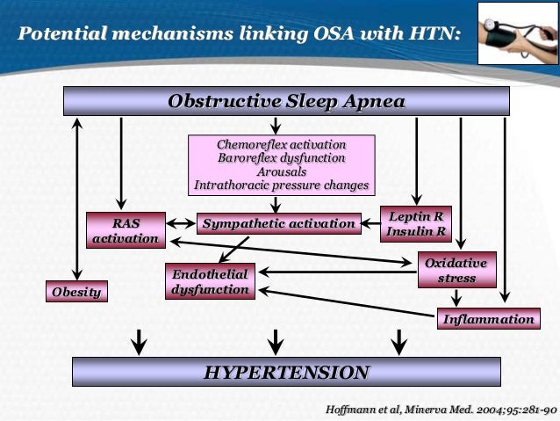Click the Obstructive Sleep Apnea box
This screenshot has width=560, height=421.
(x=286, y=102)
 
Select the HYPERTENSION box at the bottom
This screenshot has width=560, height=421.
(x=286, y=373)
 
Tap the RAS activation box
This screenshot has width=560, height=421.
(x=126, y=230)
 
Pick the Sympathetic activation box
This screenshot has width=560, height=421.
(x=278, y=224)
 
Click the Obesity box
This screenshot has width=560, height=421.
(x=76, y=292)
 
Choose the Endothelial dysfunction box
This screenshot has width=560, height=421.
(x=209, y=281)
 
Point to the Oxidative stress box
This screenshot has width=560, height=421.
(x=456, y=271)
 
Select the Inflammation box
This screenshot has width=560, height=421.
(x=488, y=319)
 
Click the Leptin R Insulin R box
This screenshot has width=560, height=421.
(x=415, y=223)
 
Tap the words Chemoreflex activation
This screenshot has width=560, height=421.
(x=282, y=144)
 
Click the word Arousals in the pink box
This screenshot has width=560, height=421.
(x=282, y=172)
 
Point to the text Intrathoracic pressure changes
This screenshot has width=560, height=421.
(x=282, y=186)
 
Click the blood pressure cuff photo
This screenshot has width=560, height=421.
(x=517, y=33)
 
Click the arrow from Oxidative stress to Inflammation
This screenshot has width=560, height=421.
(x=456, y=298)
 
